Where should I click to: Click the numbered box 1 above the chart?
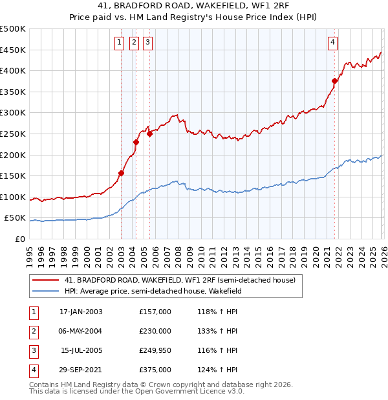point(120,43)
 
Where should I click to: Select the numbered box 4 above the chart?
point(332,43)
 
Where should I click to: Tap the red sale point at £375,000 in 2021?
point(334,81)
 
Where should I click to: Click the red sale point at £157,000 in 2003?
point(121,173)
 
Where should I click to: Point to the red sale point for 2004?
point(136,142)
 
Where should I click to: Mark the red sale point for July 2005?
point(149,134)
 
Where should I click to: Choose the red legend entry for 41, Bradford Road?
point(179,280)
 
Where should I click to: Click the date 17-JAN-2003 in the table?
point(81,312)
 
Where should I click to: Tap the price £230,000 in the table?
point(155,331)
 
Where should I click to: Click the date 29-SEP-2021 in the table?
point(81,370)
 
